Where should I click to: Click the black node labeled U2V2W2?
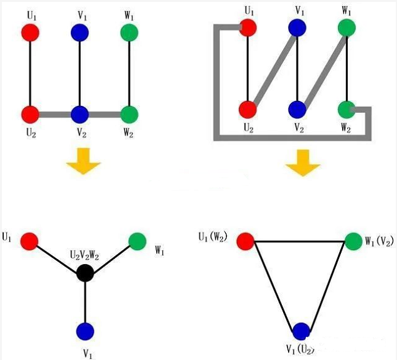[85, 273]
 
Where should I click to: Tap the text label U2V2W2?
[85, 256]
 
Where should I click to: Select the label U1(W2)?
[213, 237]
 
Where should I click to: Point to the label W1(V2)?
[380, 241]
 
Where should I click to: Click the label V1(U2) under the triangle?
[301, 349]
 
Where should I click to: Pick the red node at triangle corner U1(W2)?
[246, 241]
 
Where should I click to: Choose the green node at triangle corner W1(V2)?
[353, 241]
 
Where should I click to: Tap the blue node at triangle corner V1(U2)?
[301, 331]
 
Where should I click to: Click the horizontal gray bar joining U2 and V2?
[55, 115]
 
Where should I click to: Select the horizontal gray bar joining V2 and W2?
[105, 115]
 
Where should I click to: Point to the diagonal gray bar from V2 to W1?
[324, 70]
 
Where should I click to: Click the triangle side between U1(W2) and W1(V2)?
[299, 242]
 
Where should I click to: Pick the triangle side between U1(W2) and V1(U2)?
[274, 286]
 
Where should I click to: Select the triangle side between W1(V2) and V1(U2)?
[327, 286]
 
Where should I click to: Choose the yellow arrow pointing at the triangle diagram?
[303, 163]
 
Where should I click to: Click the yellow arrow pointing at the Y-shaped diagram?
[83, 161]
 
